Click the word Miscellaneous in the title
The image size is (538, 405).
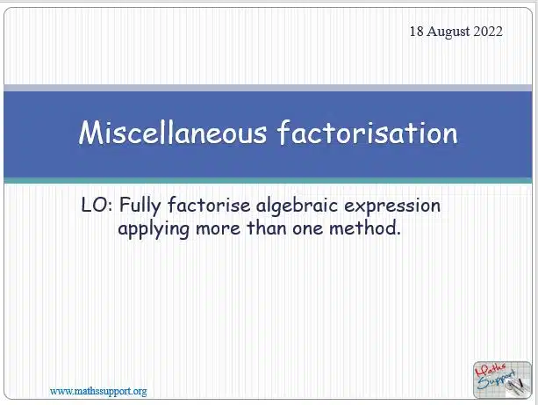pos(173,133)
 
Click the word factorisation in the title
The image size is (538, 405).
pos(368,133)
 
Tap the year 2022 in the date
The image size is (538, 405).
pos(488,32)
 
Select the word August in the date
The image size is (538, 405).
pos(448,32)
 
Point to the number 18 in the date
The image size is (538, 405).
pos(417,32)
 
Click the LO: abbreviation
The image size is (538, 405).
pos(97,205)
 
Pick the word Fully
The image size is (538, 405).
pos(140,206)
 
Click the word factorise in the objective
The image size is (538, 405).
pos(209,205)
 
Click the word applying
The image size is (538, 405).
pos(154,229)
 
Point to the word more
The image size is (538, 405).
pos(218,229)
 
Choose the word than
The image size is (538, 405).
pos(267,228)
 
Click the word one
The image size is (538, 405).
pos(308,229)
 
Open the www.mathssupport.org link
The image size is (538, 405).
pos(98,391)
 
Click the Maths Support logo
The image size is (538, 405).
pos(502,380)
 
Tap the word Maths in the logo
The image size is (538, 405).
pos(490,370)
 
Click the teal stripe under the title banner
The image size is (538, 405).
pos(268,181)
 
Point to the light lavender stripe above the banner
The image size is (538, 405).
pos(268,88)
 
